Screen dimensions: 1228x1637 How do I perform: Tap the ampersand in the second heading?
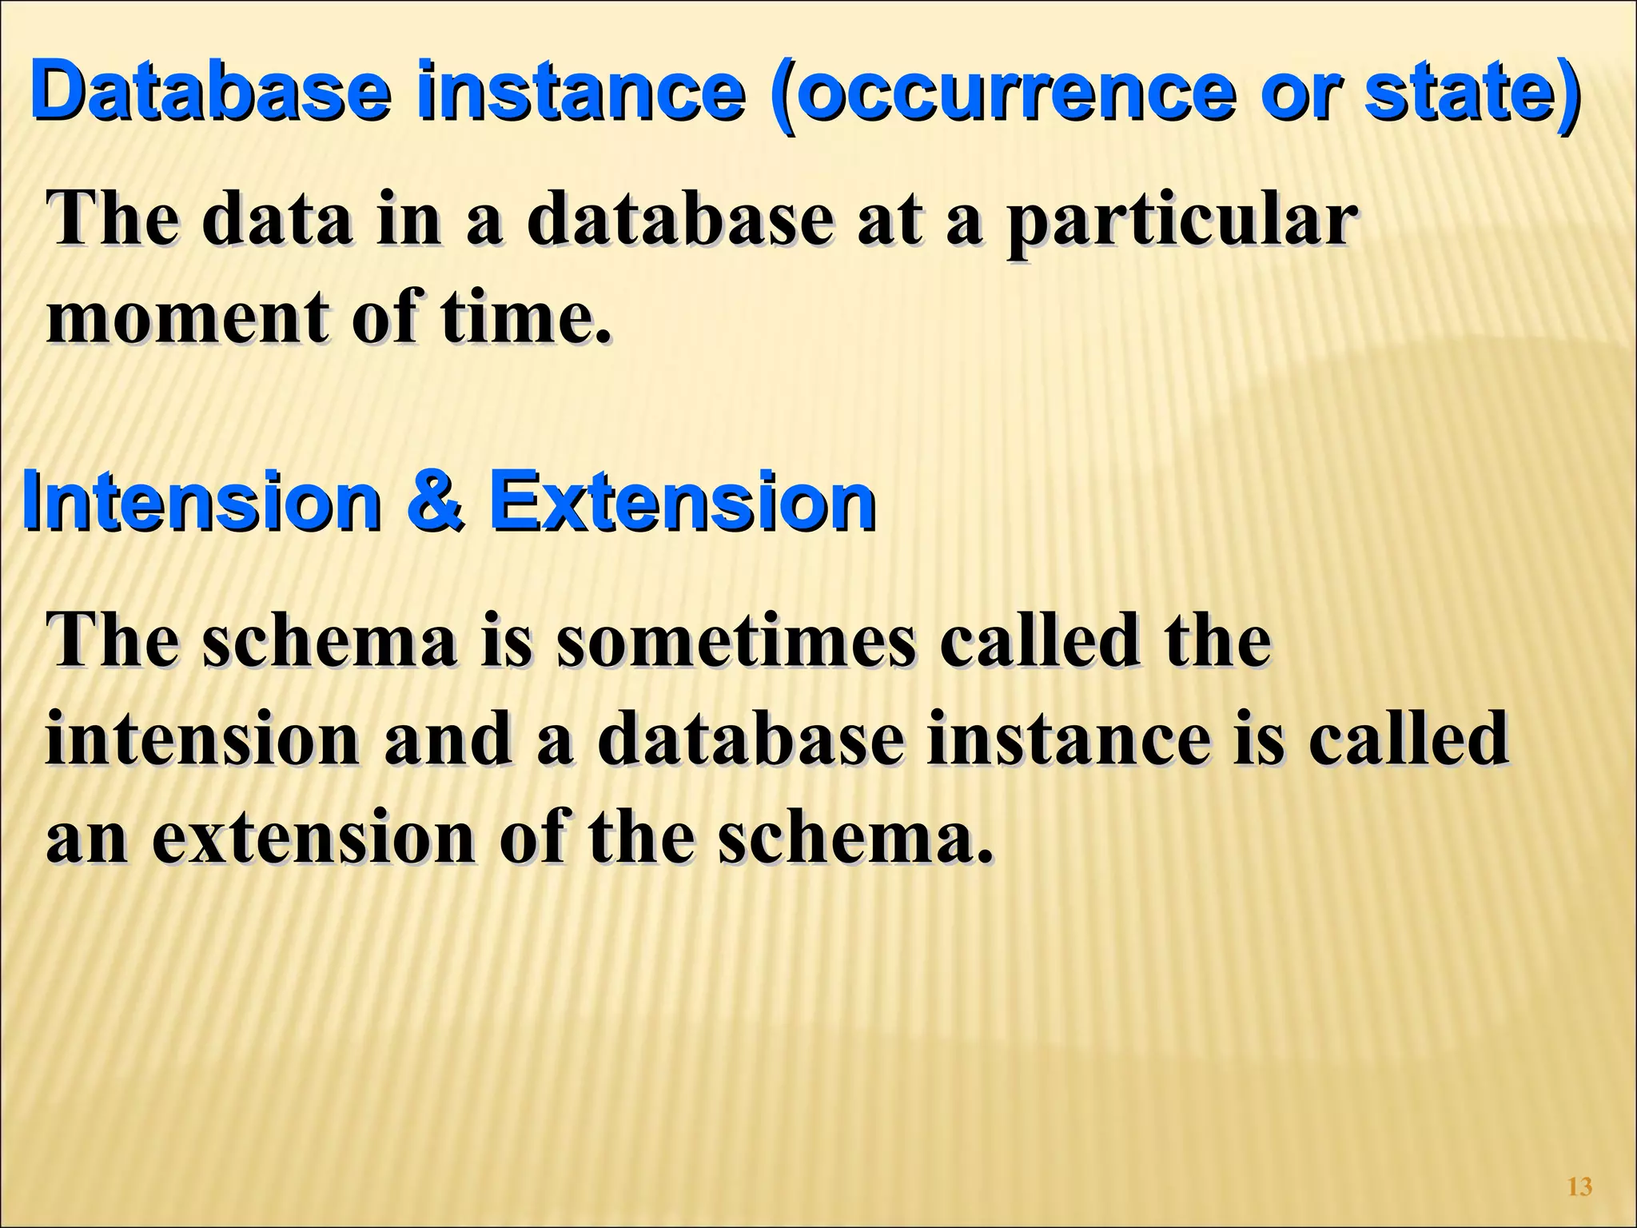pyautogui.click(x=435, y=502)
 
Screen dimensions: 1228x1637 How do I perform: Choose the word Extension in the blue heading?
pyautogui.click(x=682, y=502)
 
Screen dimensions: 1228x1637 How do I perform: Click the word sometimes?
pyautogui.click(x=735, y=642)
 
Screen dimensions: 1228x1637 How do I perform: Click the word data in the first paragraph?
pyautogui.click(x=277, y=221)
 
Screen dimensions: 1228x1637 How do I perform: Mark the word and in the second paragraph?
pyautogui.click(x=448, y=740)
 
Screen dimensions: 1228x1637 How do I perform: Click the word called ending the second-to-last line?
pyautogui.click(x=1408, y=740)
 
